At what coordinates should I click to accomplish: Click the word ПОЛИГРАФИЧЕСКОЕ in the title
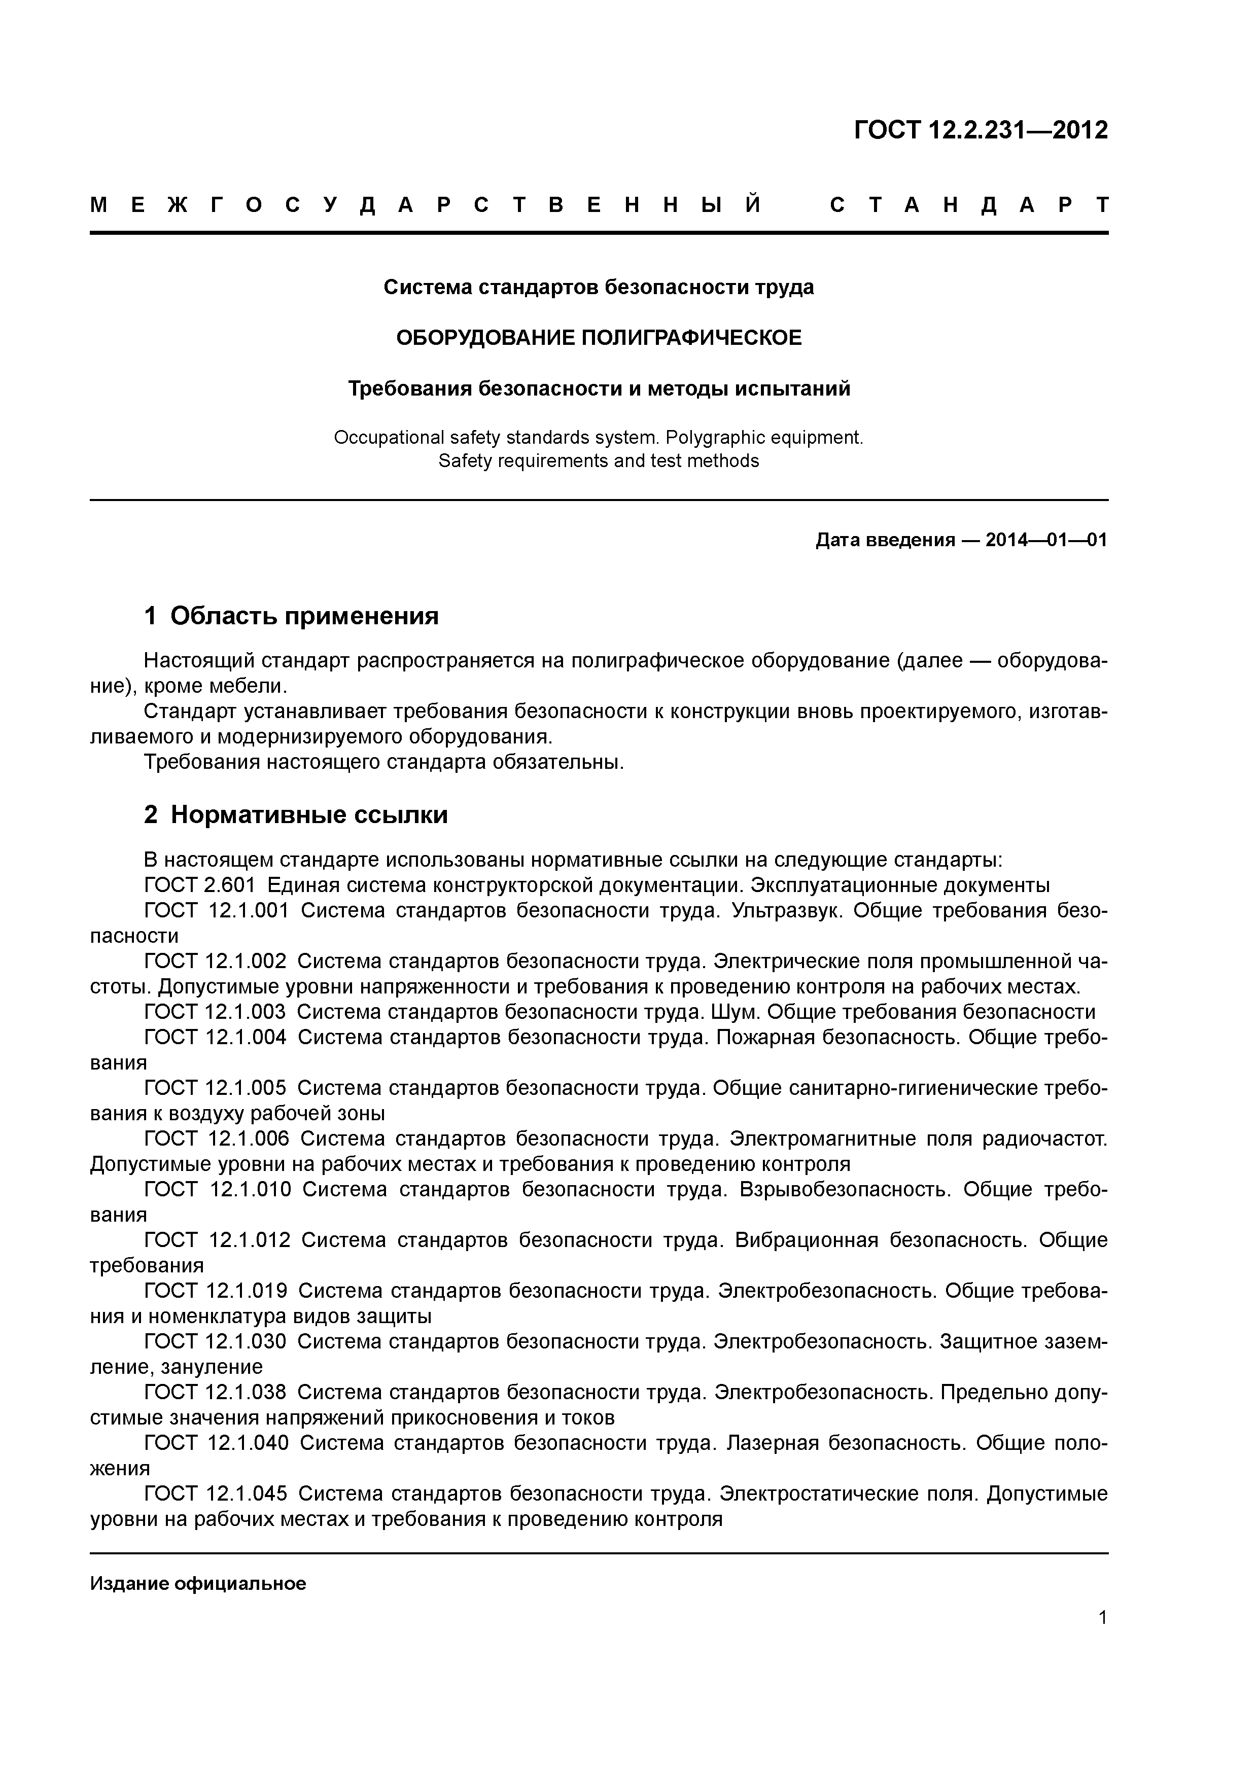pos(690,338)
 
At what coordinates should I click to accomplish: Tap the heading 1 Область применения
pos(292,616)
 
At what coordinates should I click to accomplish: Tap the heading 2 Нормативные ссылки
pos(296,815)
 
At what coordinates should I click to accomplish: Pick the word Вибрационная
pos(806,1240)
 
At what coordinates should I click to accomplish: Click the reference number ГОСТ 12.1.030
pos(215,1342)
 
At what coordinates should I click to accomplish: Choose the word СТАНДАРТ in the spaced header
pos(968,205)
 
